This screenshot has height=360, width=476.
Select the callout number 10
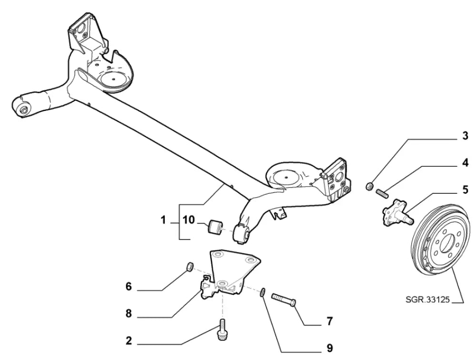[189, 220]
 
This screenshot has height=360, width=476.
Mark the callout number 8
[128, 314]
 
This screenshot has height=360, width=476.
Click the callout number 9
[329, 348]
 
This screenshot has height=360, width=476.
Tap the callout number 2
[128, 341]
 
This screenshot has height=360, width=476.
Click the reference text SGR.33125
[426, 300]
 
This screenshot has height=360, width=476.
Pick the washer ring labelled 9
[263, 291]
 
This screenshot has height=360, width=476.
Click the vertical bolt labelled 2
[222, 329]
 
